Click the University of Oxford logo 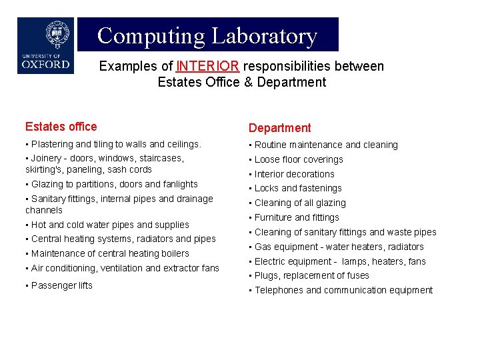(45, 45)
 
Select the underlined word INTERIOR (207, 67)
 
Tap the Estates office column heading (61, 127)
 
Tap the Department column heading (279, 128)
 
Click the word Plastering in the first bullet (53, 144)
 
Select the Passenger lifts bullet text (61, 285)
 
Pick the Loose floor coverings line (299, 159)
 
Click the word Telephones (279, 290)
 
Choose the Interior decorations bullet (295, 174)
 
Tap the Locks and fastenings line (298, 188)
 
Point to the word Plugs (267, 275)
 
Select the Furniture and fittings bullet (297, 217)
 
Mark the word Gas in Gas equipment (263, 247)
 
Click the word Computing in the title (151, 35)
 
